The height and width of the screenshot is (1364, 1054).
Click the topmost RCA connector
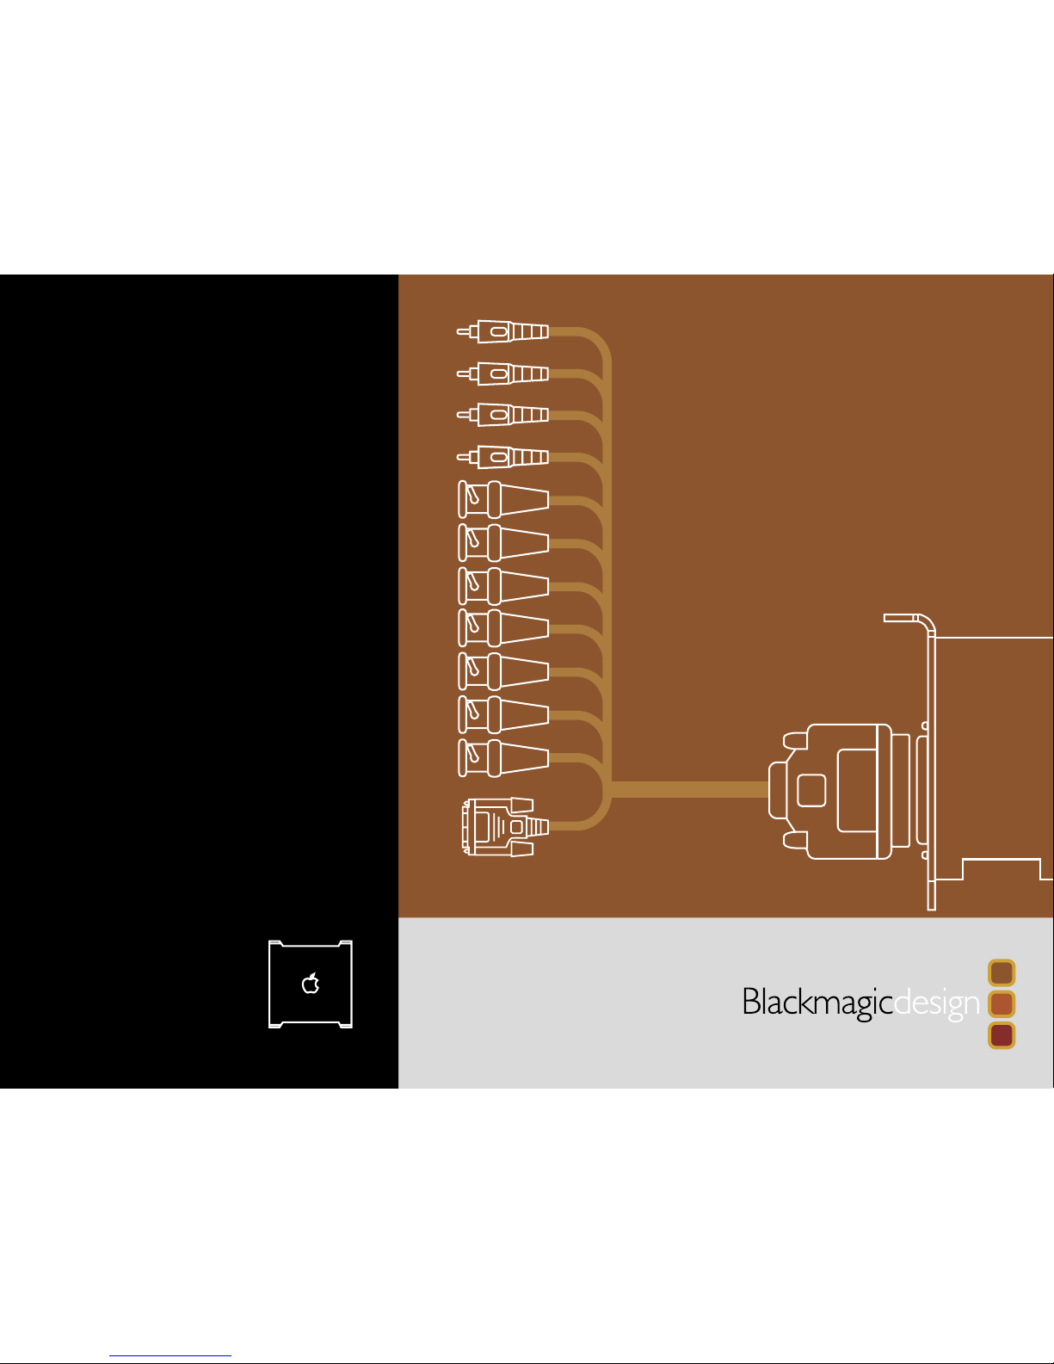(503, 331)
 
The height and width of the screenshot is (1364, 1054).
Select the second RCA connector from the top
(503, 373)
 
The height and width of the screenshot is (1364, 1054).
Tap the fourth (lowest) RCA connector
(503, 456)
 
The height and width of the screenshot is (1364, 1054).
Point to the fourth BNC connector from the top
(503, 628)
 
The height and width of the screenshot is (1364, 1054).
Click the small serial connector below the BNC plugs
(503, 827)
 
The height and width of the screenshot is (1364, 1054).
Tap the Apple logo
(311, 983)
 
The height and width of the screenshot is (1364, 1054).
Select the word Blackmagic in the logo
(817, 1003)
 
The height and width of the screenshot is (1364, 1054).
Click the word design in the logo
(936, 1003)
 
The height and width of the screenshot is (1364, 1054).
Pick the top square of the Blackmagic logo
(1002, 972)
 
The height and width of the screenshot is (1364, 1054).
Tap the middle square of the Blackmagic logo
(1002, 1003)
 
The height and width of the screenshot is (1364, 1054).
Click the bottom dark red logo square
(1002, 1034)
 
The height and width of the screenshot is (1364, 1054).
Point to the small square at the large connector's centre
(811, 791)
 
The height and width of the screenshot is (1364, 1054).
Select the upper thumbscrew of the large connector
(795, 740)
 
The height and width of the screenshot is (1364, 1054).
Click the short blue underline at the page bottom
(170, 1356)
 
